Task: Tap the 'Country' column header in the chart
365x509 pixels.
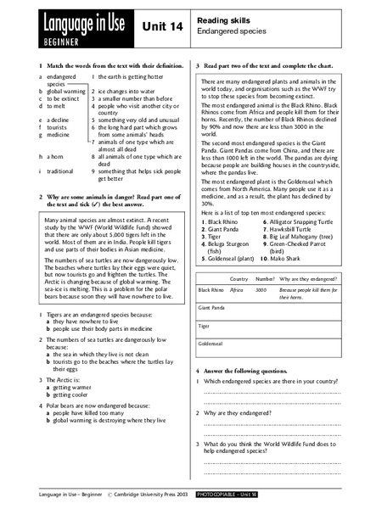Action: [239, 278]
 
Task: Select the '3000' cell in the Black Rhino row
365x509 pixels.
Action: [261, 289]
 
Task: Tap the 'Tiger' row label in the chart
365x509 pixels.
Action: [205, 326]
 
